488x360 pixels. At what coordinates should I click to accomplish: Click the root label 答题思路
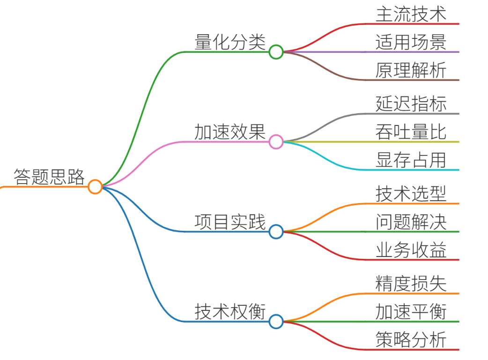49,177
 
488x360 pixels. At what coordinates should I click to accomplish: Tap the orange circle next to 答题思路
95,187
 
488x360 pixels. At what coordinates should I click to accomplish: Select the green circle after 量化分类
276,52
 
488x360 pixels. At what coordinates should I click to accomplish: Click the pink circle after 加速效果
276,142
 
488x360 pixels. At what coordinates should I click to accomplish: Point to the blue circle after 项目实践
276,231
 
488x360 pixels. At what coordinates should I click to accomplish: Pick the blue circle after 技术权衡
276,322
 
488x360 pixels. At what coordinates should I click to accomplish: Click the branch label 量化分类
230,42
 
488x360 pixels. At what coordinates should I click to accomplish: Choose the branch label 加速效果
230,132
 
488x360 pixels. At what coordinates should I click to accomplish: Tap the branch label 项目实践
230,221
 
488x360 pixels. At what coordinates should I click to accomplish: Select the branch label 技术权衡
230,311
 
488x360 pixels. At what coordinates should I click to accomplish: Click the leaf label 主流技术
411,14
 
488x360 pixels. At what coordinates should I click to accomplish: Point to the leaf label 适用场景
411,42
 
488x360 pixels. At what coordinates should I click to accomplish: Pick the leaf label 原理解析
411,70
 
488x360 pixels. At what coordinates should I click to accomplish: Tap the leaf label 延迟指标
411,103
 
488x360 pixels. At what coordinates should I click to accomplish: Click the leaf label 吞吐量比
411,132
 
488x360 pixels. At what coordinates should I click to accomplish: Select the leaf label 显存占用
411,160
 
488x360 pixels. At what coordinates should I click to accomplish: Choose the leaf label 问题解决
411,221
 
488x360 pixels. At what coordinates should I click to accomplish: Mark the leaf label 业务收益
411,250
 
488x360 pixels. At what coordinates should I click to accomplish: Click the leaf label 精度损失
411,283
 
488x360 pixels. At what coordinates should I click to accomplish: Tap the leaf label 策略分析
411,339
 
